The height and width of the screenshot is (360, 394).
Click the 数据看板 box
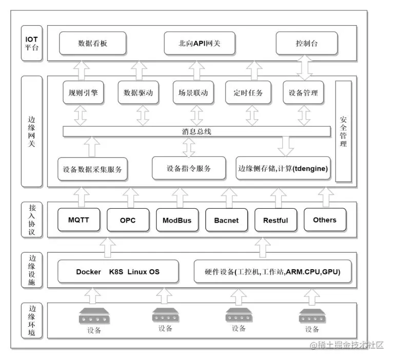click(93, 44)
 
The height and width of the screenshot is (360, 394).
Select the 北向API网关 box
click(196, 44)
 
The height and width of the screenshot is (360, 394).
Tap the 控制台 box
click(307, 44)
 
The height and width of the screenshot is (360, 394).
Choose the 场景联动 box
click(190, 93)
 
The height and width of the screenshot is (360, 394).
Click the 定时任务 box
click(248, 93)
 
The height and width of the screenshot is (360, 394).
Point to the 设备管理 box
click(304, 93)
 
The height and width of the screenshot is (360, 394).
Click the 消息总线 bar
click(196, 132)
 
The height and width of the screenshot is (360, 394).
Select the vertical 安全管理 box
click(343, 131)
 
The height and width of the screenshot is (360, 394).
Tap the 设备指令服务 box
click(189, 168)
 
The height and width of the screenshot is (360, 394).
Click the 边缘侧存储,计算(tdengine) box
click(283, 169)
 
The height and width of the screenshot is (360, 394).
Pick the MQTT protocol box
click(79, 220)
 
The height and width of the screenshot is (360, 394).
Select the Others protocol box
click(324, 220)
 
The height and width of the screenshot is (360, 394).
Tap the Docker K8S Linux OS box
click(117, 272)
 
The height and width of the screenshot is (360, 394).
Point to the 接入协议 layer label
click(32, 220)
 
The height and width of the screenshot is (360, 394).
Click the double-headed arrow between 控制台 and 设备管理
click(304, 68)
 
